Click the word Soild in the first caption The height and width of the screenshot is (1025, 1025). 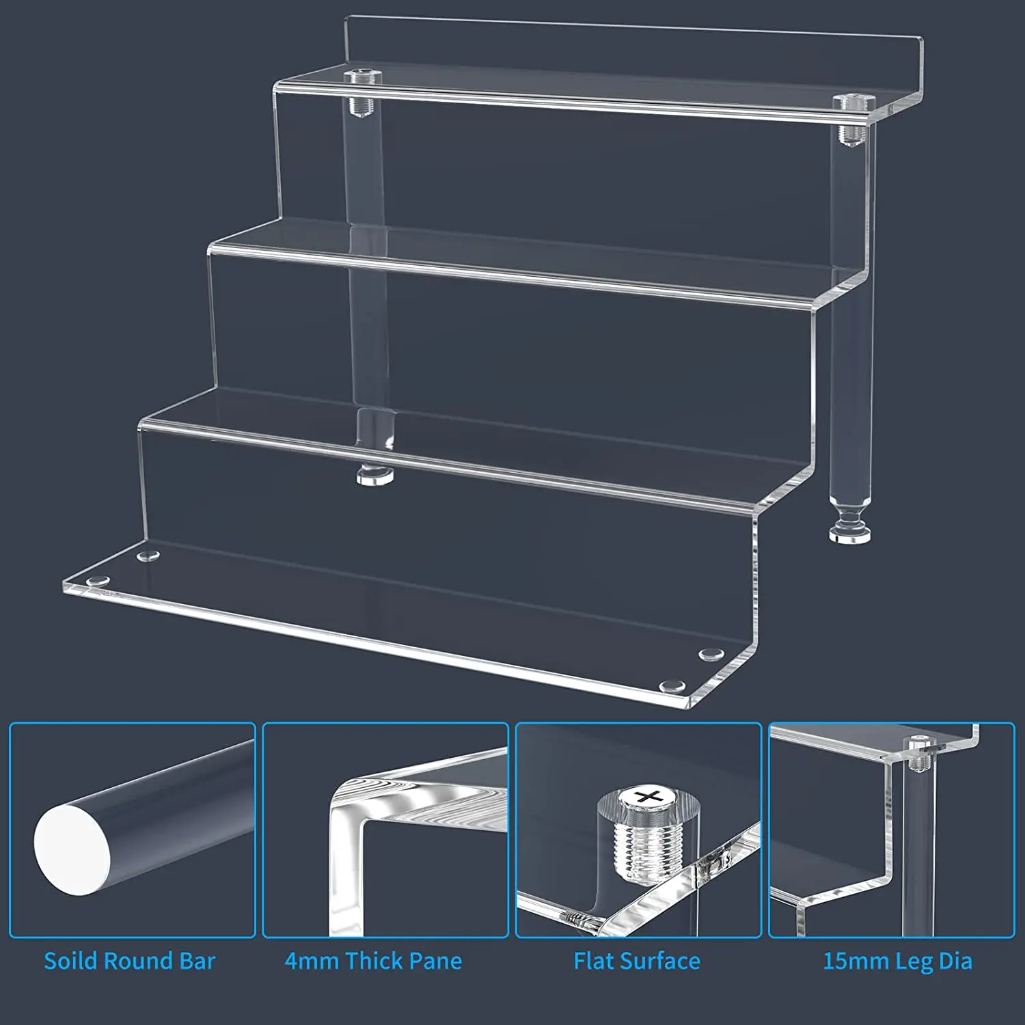[71, 961]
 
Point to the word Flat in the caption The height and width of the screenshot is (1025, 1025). [592, 961]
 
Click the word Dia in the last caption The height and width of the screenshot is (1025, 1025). [955, 961]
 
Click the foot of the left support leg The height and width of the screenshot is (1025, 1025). [374, 476]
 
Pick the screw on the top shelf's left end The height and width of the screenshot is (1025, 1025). [359, 77]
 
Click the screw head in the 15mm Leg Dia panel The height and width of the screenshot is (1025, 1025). [916, 741]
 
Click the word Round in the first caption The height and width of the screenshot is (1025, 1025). [135, 961]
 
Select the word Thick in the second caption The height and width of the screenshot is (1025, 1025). [374, 961]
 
